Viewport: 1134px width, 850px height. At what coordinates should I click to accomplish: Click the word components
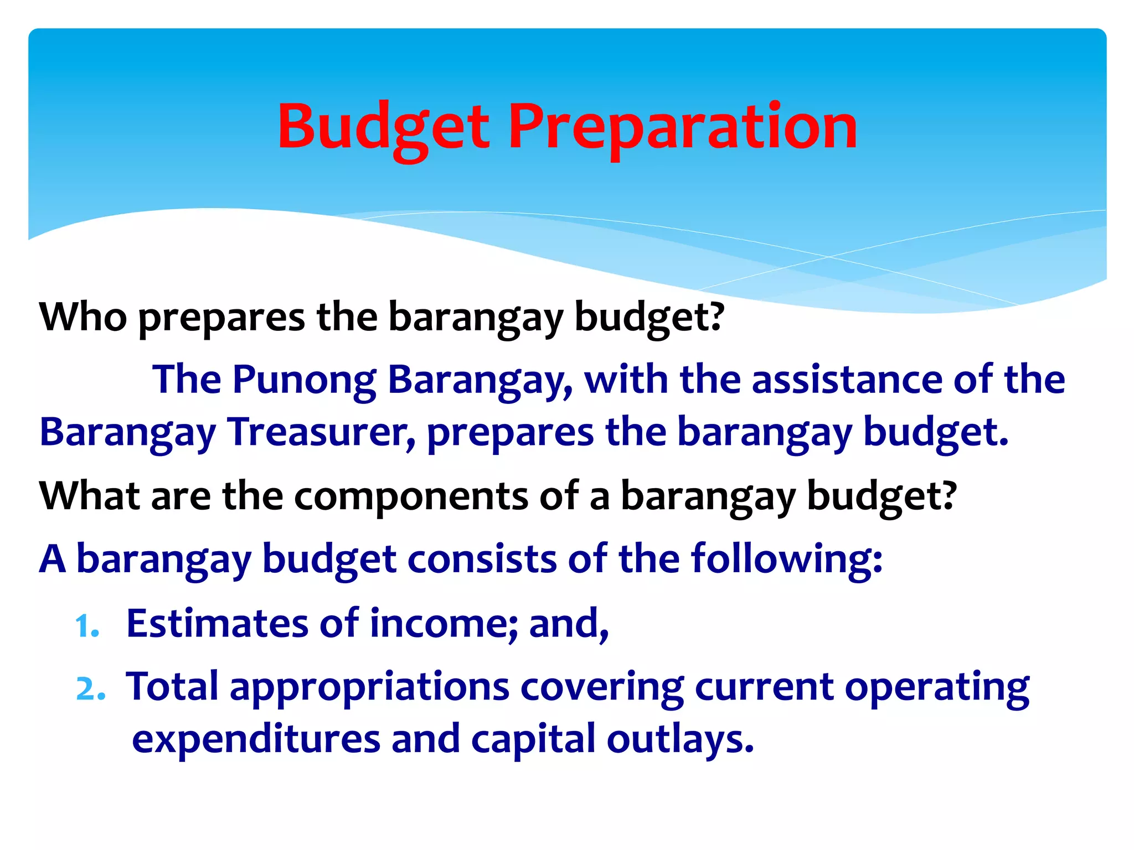(411, 496)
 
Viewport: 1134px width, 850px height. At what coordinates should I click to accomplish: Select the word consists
(482, 559)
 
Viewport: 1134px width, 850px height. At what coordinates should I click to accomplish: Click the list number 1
(87, 626)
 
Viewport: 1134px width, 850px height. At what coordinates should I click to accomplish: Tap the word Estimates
(217, 623)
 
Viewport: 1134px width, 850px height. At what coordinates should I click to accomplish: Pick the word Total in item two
(172, 686)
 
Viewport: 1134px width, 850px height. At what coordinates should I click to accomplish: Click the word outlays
(680, 739)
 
